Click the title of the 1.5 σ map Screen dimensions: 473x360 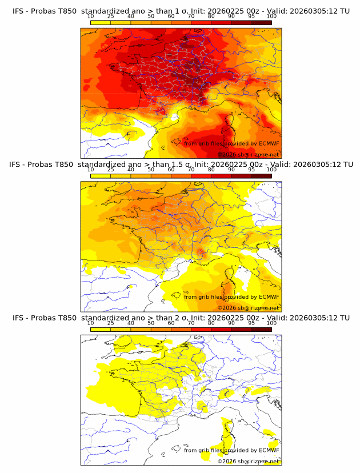coord(180,165)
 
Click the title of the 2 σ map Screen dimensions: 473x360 coord(180,318)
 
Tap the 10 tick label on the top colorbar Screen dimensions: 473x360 coord(90,17)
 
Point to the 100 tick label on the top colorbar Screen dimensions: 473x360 coord(271,17)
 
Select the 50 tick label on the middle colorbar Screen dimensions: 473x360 coord(151,170)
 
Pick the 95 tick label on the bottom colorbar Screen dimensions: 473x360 coord(251,323)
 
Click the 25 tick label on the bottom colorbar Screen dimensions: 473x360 coord(110,323)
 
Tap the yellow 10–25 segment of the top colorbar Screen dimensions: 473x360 coord(100,22)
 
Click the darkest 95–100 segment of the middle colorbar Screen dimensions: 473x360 coord(261,176)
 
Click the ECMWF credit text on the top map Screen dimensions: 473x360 coord(231,143)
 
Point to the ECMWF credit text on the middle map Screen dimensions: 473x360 coord(231,297)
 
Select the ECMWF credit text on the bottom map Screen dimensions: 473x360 coord(231,450)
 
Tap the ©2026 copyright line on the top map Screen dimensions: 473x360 coord(248,155)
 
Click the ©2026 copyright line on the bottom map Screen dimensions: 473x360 coord(248,462)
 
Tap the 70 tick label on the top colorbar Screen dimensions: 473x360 coord(191,17)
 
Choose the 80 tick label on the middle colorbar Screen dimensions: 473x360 coord(211,170)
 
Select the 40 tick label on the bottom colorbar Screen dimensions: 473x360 coord(130,323)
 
